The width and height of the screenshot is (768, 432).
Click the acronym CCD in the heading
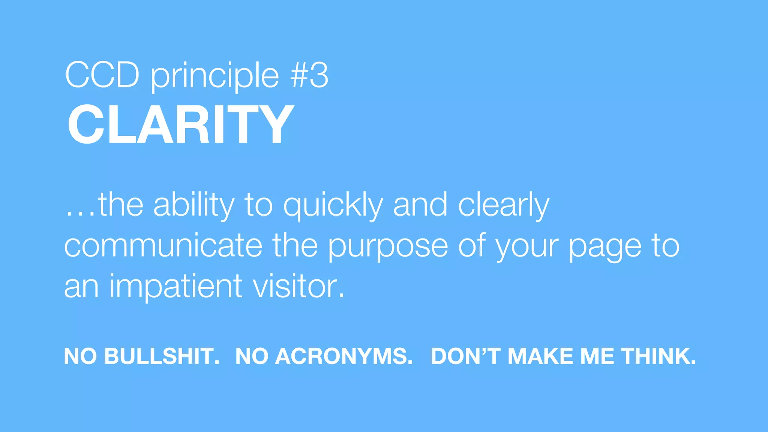coord(102,75)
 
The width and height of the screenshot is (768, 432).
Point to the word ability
coord(194,205)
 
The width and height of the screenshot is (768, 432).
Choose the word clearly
coord(504,205)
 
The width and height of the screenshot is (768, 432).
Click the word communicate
coord(163,246)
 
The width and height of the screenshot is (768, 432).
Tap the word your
coord(527,247)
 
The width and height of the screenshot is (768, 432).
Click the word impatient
coord(176,287)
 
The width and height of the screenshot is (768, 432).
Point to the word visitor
coord(298,286)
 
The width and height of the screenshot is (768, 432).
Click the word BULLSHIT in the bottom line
coord(162,356)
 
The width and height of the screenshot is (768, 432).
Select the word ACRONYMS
coord(344,356)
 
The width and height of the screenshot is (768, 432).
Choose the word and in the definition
coord(420,205)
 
